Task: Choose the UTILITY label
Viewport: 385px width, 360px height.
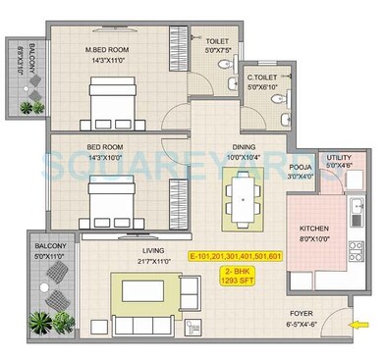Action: click(339, 156)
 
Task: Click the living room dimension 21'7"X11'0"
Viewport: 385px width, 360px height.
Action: click(153, 260)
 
